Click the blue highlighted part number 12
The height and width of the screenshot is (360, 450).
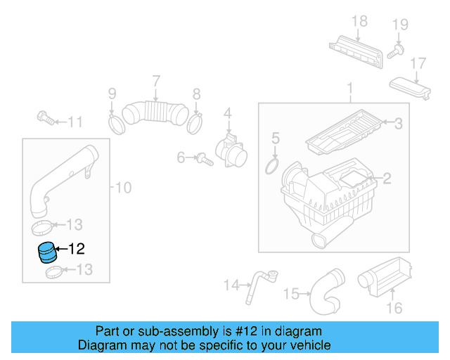pos(48,251)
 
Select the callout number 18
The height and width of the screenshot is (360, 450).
pos(359,21)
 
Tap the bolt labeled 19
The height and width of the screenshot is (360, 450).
pos(397,50)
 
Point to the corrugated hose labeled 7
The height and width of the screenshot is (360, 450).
pos(155,112)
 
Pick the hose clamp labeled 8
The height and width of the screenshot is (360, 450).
pos(196,123)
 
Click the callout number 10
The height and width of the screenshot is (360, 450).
pos(123,188)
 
